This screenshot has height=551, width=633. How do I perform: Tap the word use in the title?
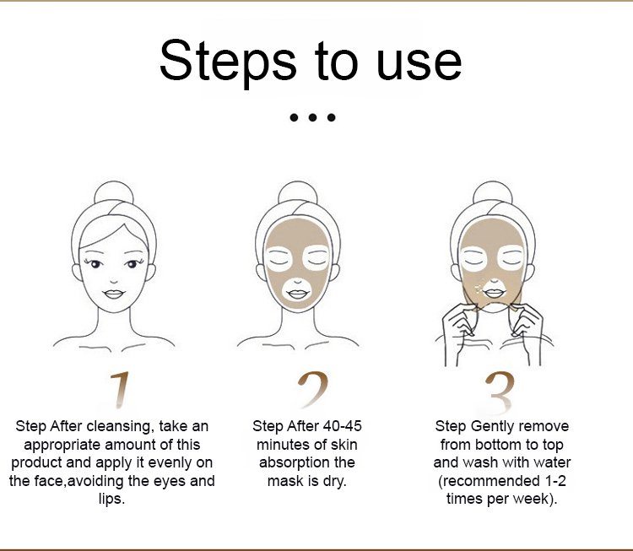(x=419, y=65)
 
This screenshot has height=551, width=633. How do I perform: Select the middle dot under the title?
(x=312, y=117)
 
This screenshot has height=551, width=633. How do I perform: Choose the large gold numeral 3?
(x=500, y=392)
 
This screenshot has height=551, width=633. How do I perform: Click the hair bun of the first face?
(x=114, y=193)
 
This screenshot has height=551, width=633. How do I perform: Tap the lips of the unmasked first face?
(x=113, y=294)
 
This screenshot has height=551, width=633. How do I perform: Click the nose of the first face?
(x=114, y=281)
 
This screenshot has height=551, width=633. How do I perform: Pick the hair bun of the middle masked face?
(x=298, y=193)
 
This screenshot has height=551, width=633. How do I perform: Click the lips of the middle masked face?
(x=298, y=294)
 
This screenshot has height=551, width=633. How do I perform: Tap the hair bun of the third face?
(x=493, y=193)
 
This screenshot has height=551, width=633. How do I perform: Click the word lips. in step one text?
(x=111, y=499)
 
